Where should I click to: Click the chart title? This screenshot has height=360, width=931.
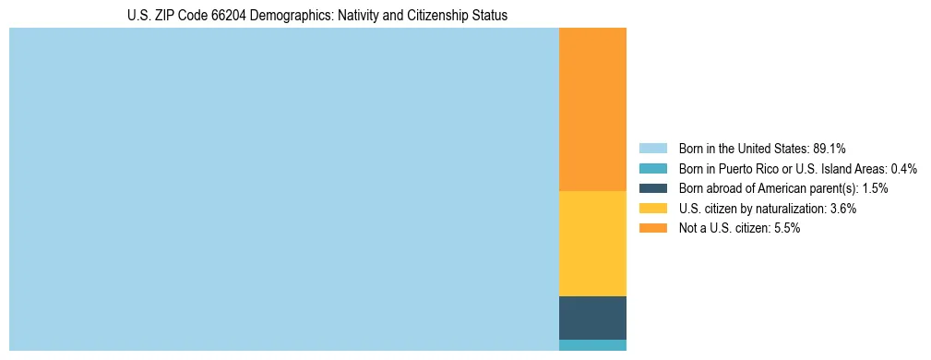pyautogui.click(x=317, y=16)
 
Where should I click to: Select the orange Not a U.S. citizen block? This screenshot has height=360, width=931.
pyautogui.click(x=592, y=109)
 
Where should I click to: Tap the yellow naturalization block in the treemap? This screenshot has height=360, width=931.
pyautogui.click(x=592, y=243)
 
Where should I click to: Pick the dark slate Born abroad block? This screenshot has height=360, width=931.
pyautogui.click(x=592, y=318)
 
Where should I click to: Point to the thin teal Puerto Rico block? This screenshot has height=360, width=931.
pyautogui.click(x=592, y=345)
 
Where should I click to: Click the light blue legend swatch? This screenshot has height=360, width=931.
pyautogui.click(x=652, y=148)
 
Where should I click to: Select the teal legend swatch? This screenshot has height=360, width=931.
pyautogui.click(x=652, y=168)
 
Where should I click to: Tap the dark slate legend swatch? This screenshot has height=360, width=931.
pyautogui.click(x=652, y=188)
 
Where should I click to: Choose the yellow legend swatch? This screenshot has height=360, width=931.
pyautogui.click(x=652, y=209)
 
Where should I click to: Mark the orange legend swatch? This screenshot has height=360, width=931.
pyautogui.click(x=652, y=229)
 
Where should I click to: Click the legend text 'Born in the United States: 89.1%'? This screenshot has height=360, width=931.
pyautogui.click(x=762, y=148)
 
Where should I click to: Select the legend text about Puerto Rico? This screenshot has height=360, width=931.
pyautogui.click(x=797, y=168)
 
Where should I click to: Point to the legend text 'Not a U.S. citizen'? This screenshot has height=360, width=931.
pyautogui.click(x=725, y=229)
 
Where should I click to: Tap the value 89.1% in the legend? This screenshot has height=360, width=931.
pyautogui.click(x=830, y=148)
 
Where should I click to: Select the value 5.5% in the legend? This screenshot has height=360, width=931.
pyautogui.click(x=787, y=229)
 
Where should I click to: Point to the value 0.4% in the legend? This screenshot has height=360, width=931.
pyautogui.click(x=904, y=168)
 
